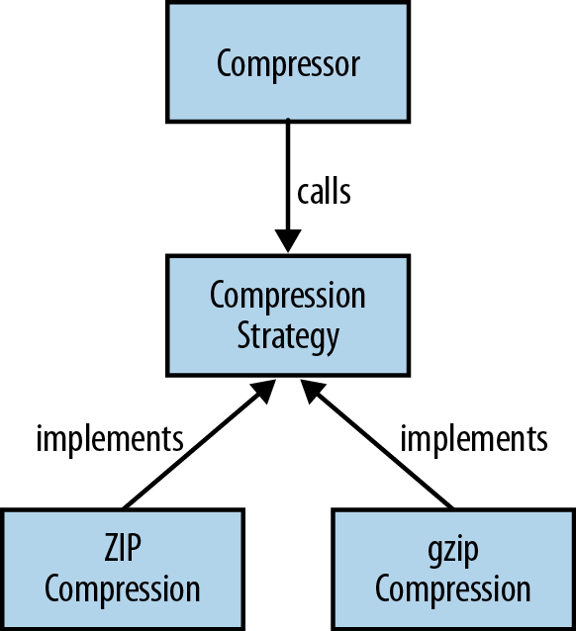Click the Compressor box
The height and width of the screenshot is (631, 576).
point(288,61)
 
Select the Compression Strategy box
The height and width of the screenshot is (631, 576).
point(288,315)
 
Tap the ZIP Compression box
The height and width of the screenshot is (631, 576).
point(123,570)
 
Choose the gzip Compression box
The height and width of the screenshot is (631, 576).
point(453,570)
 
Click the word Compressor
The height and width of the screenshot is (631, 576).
point(288,64)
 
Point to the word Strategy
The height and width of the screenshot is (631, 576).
point(288,337)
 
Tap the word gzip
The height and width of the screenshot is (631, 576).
point(453,551)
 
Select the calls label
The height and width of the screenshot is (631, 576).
point(324,192)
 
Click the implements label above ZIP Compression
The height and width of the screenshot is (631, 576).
point(110,440)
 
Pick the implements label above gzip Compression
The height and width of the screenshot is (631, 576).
point(474,440)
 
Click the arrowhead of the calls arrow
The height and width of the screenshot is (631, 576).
point(288,240)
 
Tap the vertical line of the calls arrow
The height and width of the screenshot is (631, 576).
point(288,175)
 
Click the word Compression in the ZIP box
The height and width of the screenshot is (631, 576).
point(123,589)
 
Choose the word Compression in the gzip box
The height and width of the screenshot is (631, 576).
point(453,589)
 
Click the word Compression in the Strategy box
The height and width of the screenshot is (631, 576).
point(288,296)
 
